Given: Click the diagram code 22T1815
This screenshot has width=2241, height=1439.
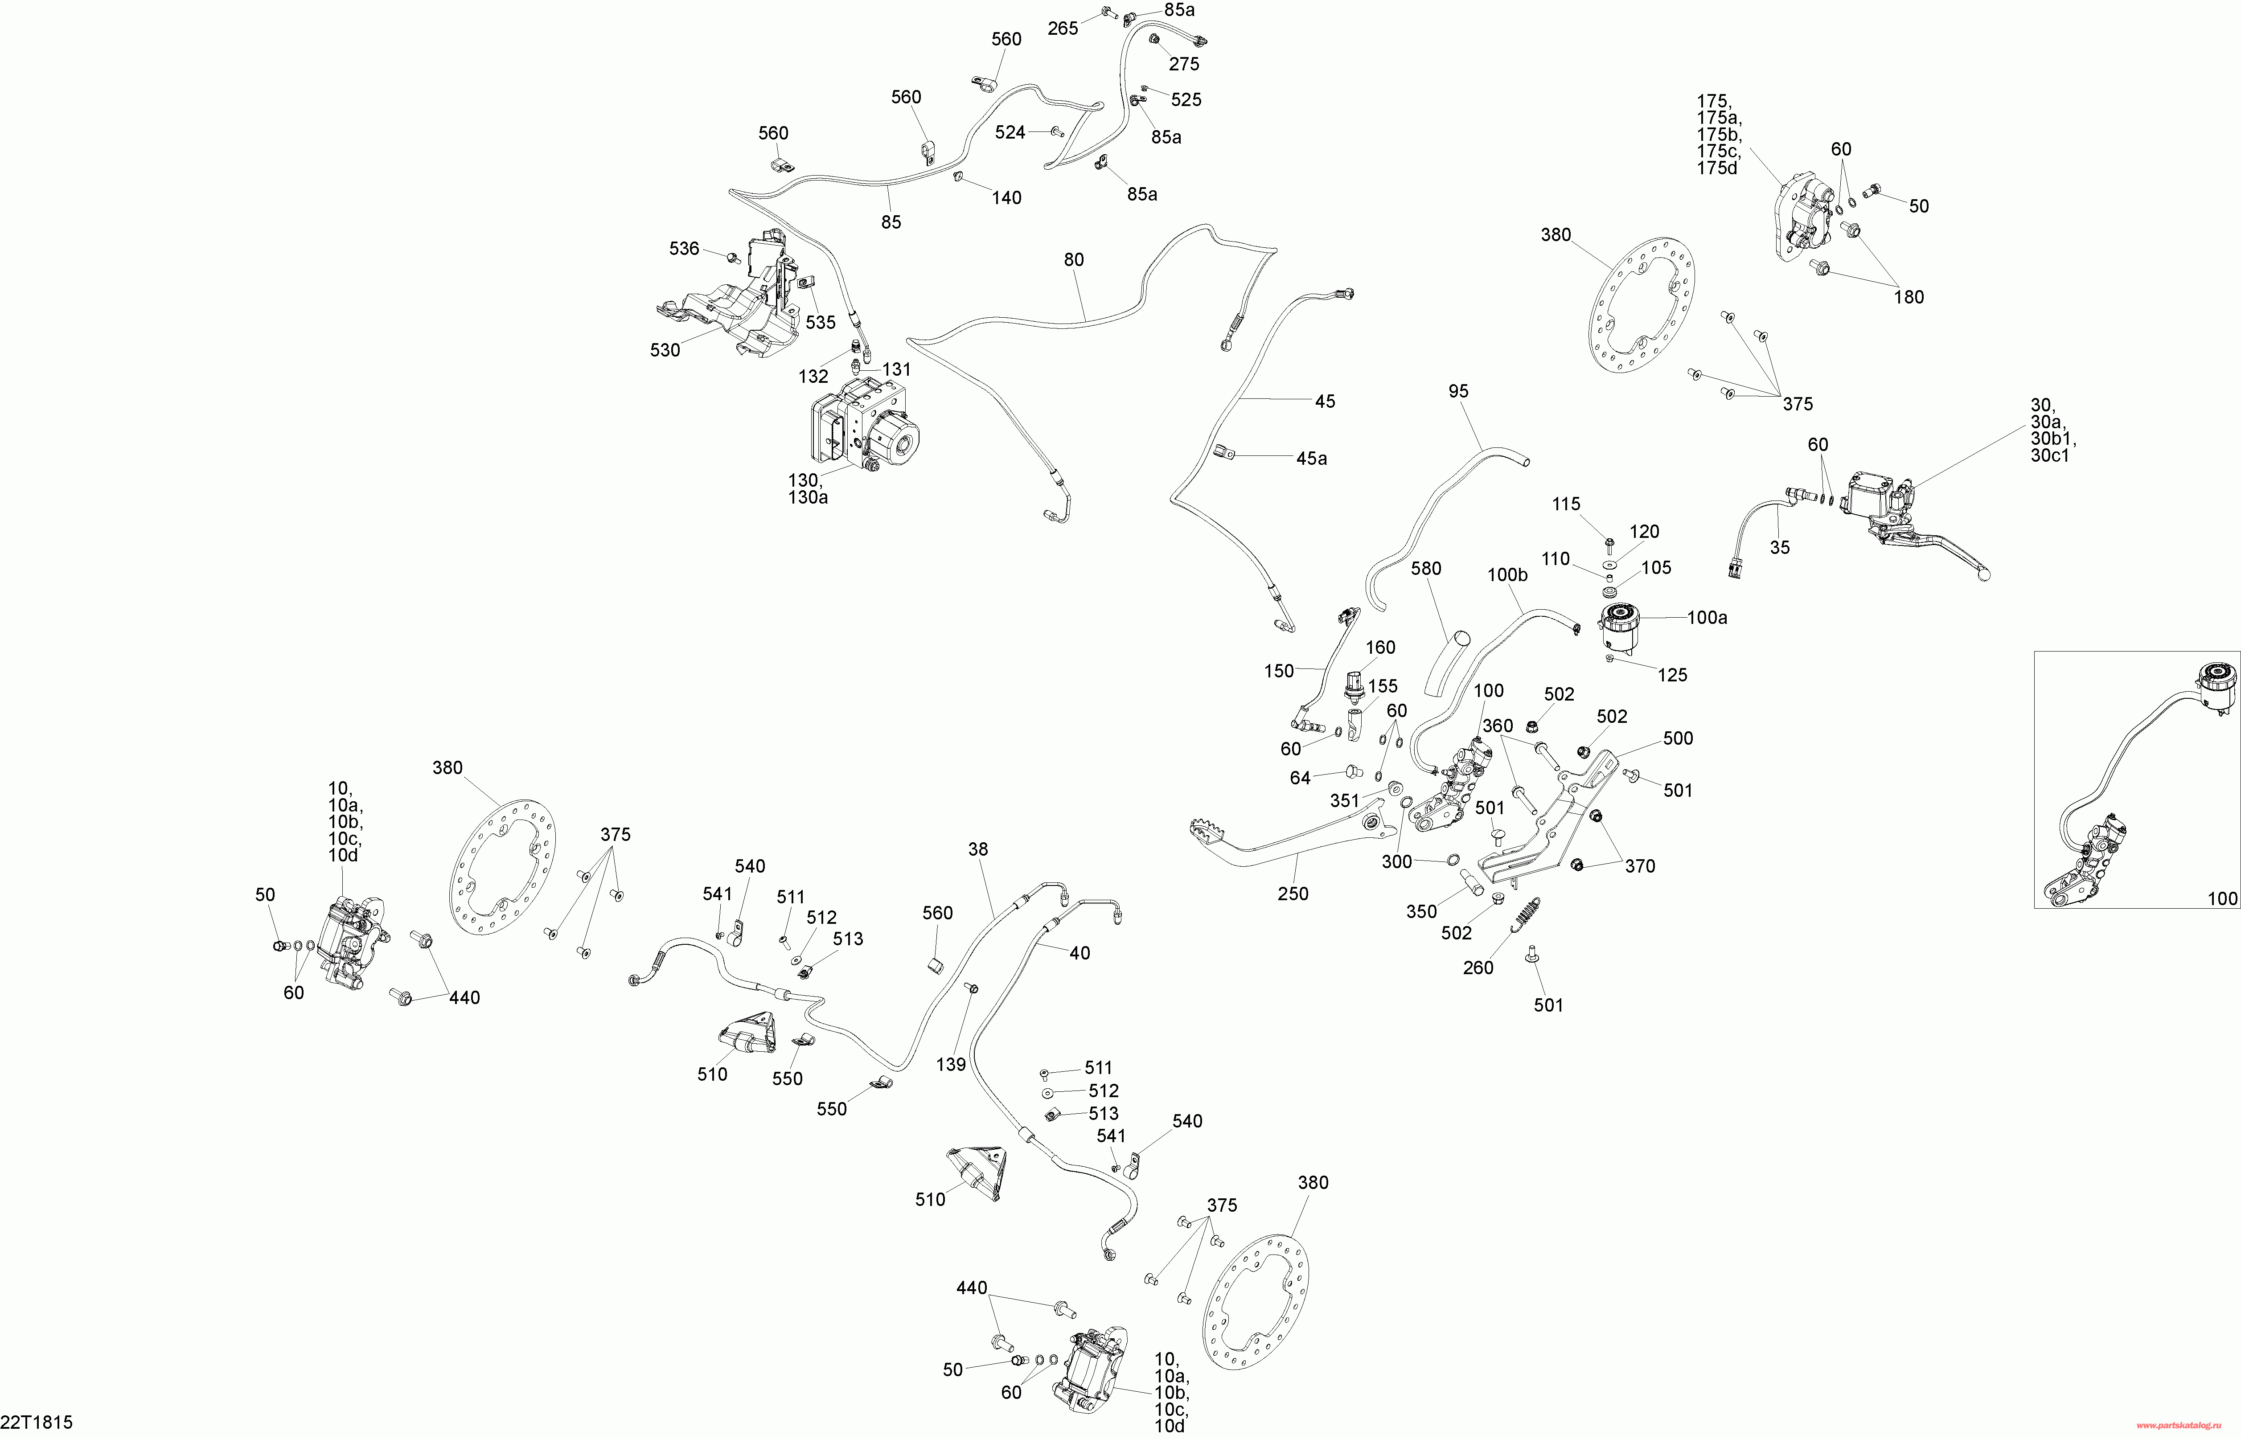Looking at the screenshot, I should [x=37, y=1422].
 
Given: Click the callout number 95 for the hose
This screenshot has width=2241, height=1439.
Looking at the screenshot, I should [x=1459, y=392].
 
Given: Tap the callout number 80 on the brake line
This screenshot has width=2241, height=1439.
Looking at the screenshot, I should [x=1074, y=260].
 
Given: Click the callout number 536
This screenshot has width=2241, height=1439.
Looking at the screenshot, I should [x=684, y=249].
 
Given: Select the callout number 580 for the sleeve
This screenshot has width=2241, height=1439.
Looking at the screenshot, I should [x=1426, y=568].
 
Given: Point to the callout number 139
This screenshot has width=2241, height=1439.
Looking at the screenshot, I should [x=950, y=1064].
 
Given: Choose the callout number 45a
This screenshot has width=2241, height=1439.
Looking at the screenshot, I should [x=1311, y=459].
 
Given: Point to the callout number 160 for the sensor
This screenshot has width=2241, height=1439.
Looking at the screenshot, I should [x=1380, y=648].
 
